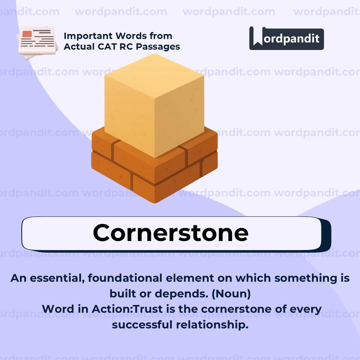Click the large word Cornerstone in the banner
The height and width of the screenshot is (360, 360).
(171, 233)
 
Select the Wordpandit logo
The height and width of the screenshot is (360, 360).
(286, 38)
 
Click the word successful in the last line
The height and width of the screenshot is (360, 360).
(142, 324)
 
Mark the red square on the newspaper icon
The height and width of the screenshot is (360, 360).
(27, 34)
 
